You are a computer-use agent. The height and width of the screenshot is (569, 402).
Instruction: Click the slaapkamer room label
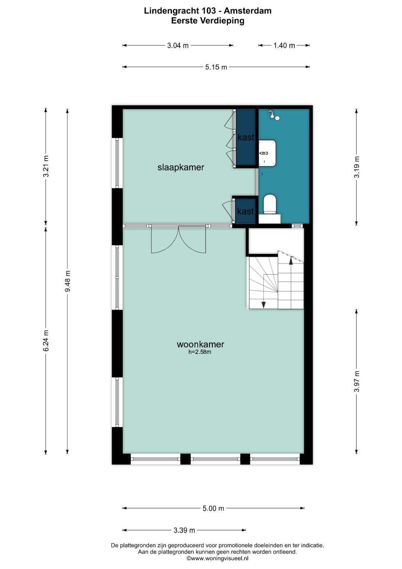tap(181, 167)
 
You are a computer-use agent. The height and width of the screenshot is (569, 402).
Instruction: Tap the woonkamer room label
tap(200, 344)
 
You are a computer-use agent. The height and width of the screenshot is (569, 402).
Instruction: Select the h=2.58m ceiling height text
tap(200, 352)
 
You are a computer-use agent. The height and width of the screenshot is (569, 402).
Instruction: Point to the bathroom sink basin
tap(267, 153)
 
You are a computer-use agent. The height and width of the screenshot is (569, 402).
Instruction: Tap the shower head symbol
tap(274, 114)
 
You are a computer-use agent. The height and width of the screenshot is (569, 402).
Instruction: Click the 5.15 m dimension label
tap(216, 67)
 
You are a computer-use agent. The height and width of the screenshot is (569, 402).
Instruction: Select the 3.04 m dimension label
tap(178, 45)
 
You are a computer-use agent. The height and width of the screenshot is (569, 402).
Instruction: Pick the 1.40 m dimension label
tap(284, 45)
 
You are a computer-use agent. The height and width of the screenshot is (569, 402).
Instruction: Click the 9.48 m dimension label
tap(67, 281)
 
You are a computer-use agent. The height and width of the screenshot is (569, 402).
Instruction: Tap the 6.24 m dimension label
tap(46, 341)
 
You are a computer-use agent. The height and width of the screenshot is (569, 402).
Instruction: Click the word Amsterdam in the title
tap(248, 11)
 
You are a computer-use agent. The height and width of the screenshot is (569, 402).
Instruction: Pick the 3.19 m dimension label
tap(357, 167)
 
